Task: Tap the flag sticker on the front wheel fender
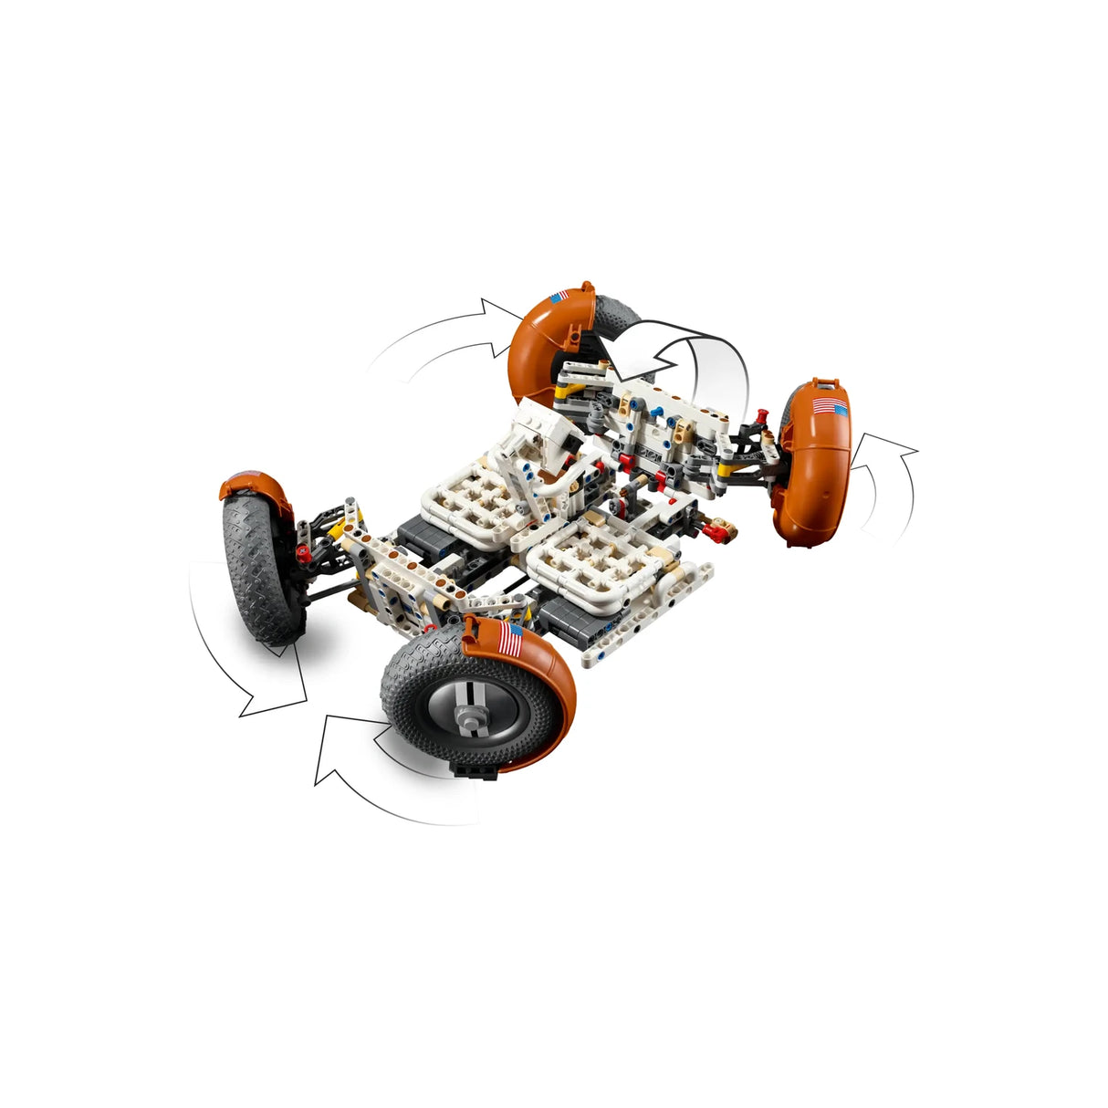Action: (x=512, y=640)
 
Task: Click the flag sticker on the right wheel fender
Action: (x=829, y=407)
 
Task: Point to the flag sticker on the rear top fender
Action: (x=559, y=298)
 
